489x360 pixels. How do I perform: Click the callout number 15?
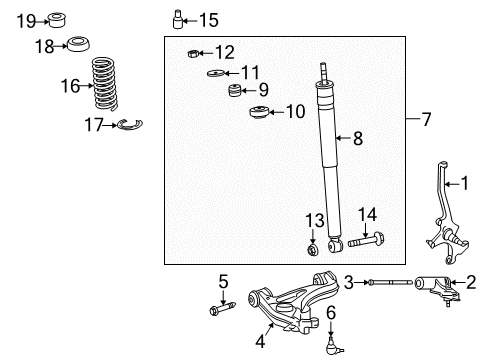(x=207, y=19)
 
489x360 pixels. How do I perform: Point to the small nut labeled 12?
(x=194, y=53)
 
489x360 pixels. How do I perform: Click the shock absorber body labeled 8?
(x=329, y=160)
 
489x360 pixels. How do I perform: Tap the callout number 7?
(x=426, y=120)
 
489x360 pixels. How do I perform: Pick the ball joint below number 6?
(x=333, y=346)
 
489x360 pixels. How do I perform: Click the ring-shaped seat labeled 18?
(x=77, y=44)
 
